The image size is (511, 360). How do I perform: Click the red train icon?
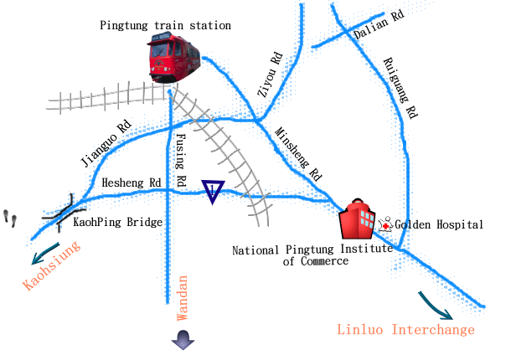click(175, 59)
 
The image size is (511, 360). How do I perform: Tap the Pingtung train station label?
click(165, 26)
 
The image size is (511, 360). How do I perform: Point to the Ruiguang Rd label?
click(400, 87)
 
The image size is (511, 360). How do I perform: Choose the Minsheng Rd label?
click(298, 154)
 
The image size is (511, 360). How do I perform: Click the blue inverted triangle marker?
click(214, 192)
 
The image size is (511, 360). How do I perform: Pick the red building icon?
click(359, 221)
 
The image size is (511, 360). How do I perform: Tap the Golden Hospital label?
click(439, 225)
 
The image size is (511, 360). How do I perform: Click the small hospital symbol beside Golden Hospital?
click(386, 224)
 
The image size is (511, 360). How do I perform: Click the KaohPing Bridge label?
click(118, 223)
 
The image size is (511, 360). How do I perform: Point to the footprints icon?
click(11, 218)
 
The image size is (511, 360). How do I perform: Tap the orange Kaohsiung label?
click(52, 266)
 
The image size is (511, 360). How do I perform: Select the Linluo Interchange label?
click(405, 329)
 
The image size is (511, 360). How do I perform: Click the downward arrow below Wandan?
click(183, 339)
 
